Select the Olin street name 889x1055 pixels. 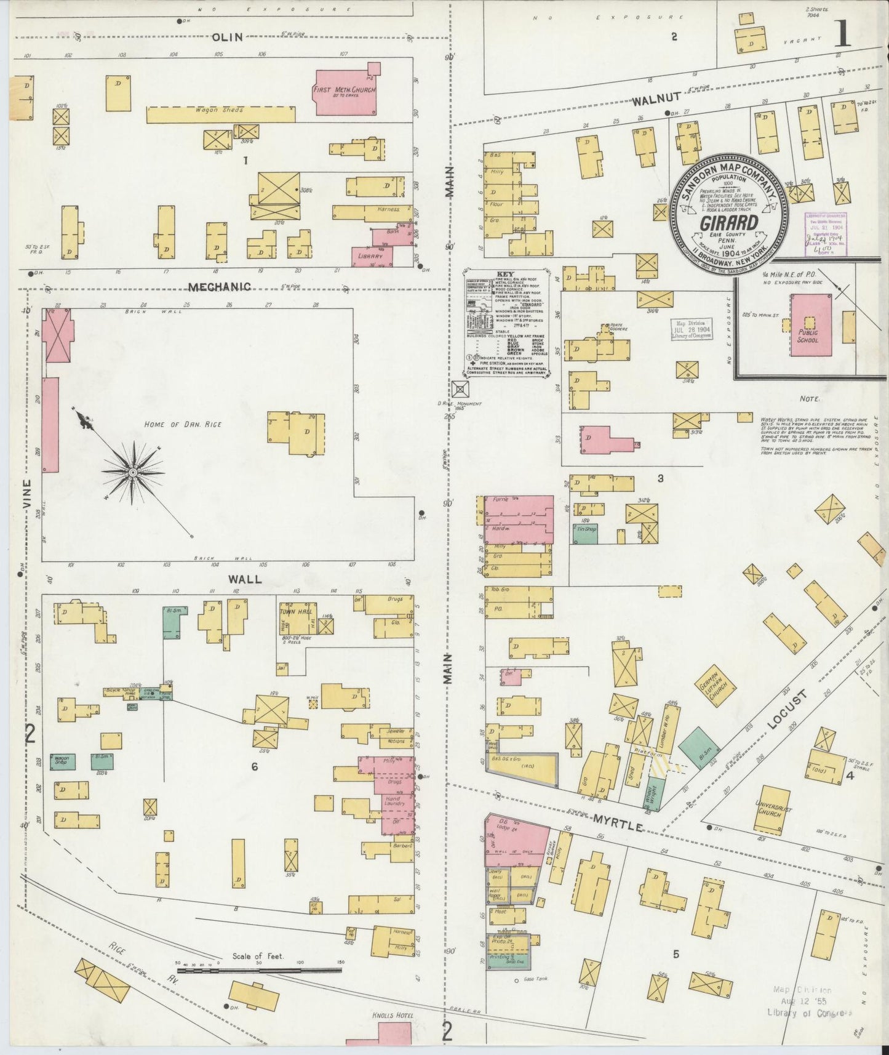click(x=228, y=37)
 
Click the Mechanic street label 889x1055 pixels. click(x=220, y=287)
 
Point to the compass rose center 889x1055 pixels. click(x=132, y=472)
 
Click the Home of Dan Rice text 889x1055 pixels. click(x=182, y=424)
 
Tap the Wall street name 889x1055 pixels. click(x=245, y=579)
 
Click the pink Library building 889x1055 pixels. click(x=372, y=255)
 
